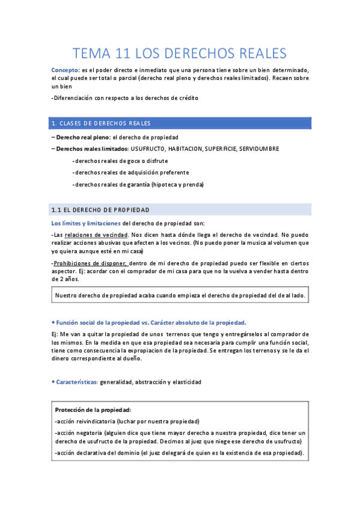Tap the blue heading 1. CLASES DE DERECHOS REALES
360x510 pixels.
click(x=102, y=123)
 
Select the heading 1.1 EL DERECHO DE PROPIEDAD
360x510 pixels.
click(x=100, y=209)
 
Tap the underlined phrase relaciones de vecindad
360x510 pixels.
click(x=96, y=234)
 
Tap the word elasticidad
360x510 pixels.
click(x=185, y=382)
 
